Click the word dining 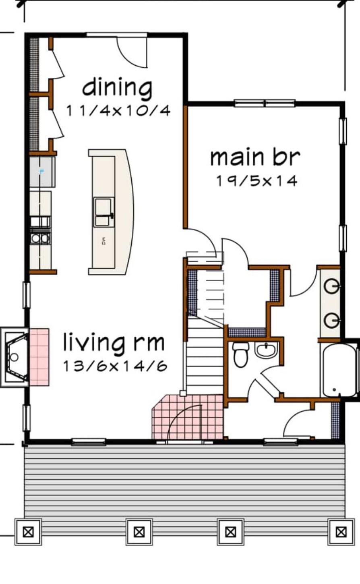117,88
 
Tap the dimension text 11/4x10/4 118,110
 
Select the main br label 255,157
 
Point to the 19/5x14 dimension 257,181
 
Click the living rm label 114,343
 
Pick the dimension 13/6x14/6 115,366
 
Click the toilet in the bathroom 241,355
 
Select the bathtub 339,370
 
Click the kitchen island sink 104,212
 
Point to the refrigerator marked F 42,172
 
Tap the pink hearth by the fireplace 39,357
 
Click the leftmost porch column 28,532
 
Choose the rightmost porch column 341,532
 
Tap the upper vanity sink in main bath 331,287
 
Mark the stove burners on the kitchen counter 40,238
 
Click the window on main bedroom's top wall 265,104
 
